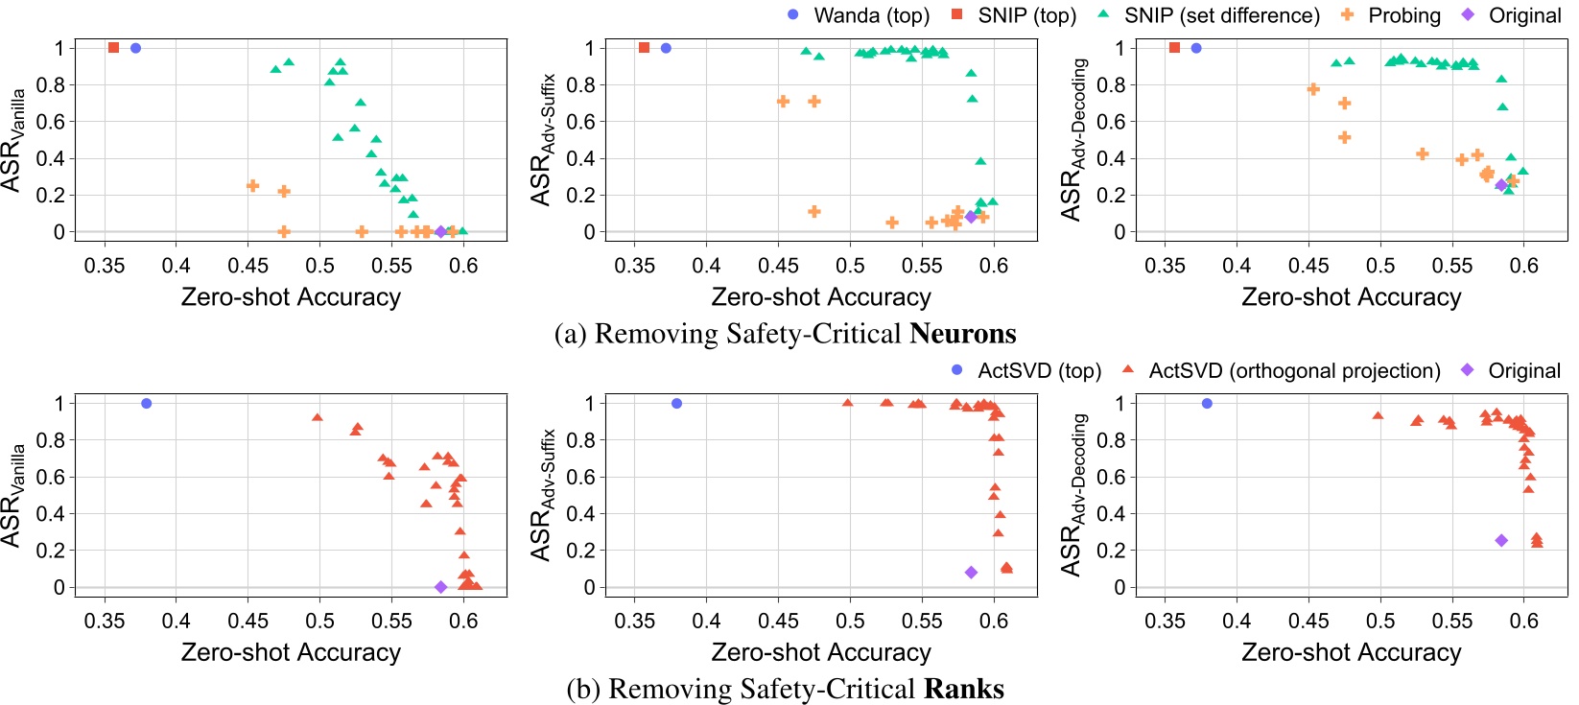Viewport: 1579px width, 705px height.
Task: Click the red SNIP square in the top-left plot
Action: click(113, 48)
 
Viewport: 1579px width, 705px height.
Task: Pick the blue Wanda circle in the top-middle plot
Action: click(666, 48)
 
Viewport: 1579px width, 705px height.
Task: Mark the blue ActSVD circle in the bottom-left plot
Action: click(147, 404)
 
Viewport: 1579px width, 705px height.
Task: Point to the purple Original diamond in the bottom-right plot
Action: click(1501, 541)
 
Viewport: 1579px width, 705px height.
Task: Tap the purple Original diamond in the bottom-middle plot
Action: click(971, 573)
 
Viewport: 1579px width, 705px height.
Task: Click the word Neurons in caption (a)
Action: click(962, 334)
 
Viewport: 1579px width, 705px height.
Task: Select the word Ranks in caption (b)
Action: click(963, 689)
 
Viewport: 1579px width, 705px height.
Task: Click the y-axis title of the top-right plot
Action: click(1073, 139)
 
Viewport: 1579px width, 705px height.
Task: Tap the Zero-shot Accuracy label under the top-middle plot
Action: click(821, 297)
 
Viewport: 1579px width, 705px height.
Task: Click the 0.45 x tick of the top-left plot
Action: click(248, 266)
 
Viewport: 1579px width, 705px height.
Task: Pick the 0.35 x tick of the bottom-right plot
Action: click(1165, 622)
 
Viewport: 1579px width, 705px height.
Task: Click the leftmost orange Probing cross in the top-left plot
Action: click(253, 186)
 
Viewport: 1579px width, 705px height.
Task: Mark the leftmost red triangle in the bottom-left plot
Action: click(318, 417)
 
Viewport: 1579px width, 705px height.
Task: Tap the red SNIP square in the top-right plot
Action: click(1174, 48)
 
